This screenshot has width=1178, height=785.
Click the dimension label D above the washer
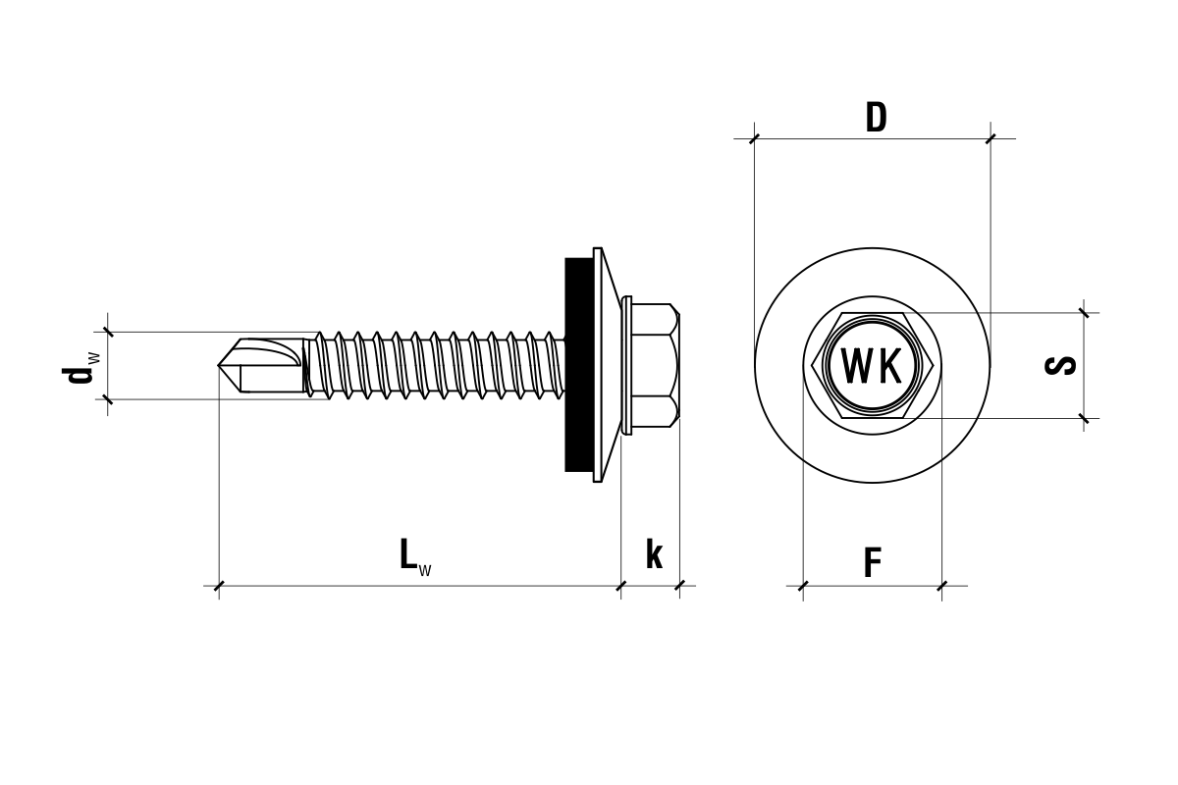pyautogui.click(x=876, y=118)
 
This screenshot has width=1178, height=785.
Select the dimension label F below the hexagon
pyautogui.click(x=872, y=563)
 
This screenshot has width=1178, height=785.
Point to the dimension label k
pyautogui.click(x=654, y=554)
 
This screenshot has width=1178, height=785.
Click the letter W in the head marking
pyautogui.click(x=856, y=367)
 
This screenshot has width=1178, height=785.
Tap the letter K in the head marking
pyautogui.click(x=887, y=367)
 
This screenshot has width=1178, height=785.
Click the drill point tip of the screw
pyautogui.click(x=220, y=365)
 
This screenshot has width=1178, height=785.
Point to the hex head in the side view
pyautogui.click(x=654, y=365)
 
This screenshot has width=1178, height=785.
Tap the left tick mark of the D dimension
pyautogui.click(x=754, y=138)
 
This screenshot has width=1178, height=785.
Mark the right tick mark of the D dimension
pyautogui.click(x=991, y=138)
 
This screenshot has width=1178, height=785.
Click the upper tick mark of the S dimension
pyautogui.click(x=1084, y=313)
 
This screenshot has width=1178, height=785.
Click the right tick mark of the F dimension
pyautogui.click(x=942, y=586)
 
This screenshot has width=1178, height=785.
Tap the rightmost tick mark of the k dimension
pyautogui.click(x=679, y=586)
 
